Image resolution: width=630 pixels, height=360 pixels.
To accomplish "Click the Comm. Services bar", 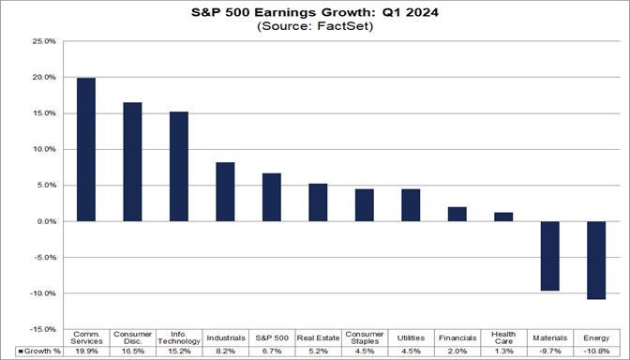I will (85, 150).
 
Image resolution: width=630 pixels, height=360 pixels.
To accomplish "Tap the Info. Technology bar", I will (178, 167).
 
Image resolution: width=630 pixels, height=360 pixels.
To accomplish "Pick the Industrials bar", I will (225, 192).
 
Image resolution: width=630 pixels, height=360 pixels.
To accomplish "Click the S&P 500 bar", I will (271, 197).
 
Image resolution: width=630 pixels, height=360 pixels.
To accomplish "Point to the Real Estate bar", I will (318, 202).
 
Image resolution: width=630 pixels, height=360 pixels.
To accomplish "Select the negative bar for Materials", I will (549, 256).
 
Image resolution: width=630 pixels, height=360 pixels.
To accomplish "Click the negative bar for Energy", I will (596, 261).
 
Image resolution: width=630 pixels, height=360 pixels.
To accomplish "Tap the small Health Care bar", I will (503, 217).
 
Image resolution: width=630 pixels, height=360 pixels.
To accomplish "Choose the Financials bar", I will (457, 214).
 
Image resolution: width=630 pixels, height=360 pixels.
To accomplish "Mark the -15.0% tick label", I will (42, 329).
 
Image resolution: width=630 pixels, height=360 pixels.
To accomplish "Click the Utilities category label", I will (411, 337).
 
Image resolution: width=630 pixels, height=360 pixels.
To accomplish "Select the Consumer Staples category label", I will (364, 337).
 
